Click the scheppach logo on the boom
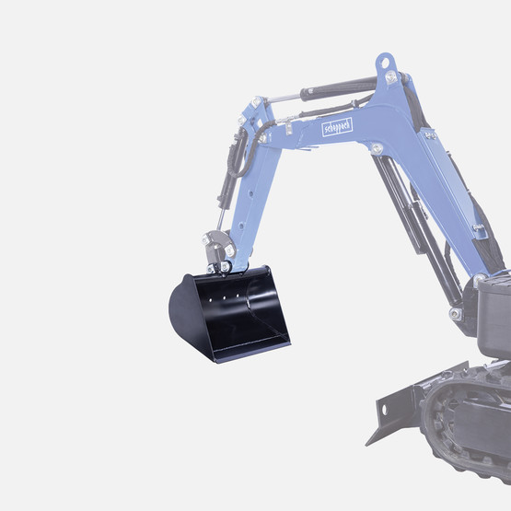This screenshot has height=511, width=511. pos(337,127)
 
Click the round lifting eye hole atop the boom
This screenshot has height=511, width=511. pos(385,63)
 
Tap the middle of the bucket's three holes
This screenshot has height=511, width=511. pos(225,297)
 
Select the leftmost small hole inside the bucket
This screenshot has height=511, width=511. pos(211,299)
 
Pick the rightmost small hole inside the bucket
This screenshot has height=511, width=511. pos(238,296)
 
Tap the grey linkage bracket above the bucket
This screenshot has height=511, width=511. pos(216,248)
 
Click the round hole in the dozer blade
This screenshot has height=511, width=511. pos(384,410)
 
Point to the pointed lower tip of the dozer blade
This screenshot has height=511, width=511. pos(367,445)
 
